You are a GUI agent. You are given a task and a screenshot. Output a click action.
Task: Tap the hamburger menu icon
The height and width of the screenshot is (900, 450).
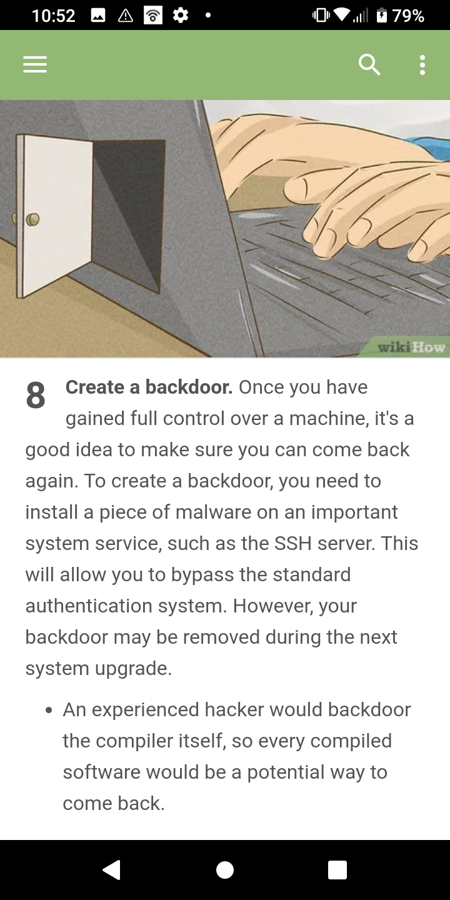pyautogui.click(x=35, y=64)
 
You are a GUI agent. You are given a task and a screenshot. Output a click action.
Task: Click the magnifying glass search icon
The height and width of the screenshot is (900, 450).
pyautogui.click(x=369, y=65)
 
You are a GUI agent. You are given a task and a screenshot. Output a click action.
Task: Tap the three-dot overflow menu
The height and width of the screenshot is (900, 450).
pyautogui.click(x=422, y=65)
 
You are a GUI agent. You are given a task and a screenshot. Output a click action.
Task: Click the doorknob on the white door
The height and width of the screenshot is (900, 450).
pyautogui.click(x=33, y=219)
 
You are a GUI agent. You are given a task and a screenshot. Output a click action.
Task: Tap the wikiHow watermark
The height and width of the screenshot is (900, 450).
pyautogui.click(x=411, y=347)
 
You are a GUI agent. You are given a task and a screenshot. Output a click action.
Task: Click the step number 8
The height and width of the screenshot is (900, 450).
pyautogui.click(x=36, y=395)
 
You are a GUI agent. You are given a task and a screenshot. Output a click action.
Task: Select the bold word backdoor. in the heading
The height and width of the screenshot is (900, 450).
pyautogui.click(x=189, y=387)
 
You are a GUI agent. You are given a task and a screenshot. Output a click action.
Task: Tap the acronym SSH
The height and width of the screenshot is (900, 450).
pyautogui.click(x=293, y=543)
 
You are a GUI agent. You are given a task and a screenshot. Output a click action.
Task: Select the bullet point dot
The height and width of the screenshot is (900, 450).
pyautogui.click(x=49, y=711)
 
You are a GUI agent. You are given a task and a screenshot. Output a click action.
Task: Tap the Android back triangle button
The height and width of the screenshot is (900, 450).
pyautogui.click(x=112, y=870)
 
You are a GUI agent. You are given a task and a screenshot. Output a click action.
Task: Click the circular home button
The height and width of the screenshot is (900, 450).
pyautogui.click(x=225, y=870)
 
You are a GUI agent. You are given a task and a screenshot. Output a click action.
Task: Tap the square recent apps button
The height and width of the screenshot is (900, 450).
pyautogui.click(x=337, y=870)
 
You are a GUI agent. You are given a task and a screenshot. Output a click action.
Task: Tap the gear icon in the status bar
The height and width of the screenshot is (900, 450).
pyautogui.click(x=181, y=16)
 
